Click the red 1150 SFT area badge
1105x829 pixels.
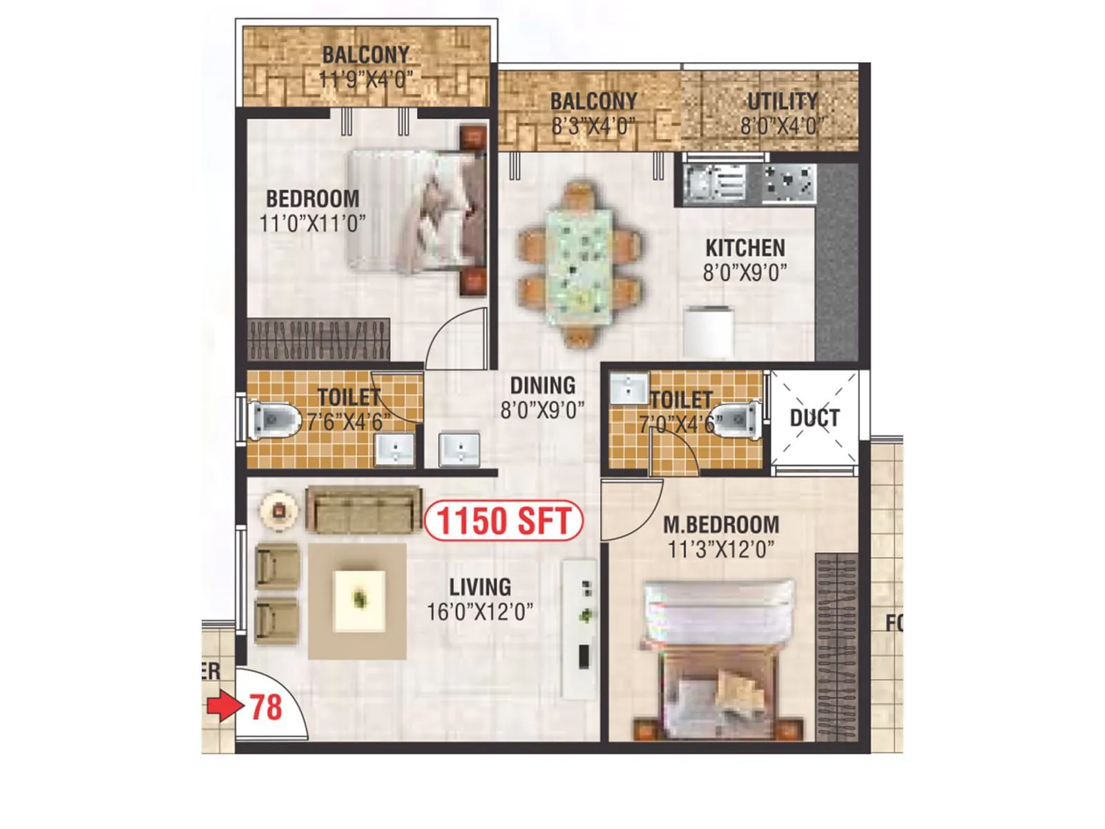pos(503,521)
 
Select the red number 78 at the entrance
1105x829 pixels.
pos(266,707)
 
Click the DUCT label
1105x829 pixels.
pos(814,418)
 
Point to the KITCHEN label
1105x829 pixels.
pos(744,248)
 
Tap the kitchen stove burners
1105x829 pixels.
pos(789,183)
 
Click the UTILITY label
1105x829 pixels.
pos(782,102)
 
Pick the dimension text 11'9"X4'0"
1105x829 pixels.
pos(366,79)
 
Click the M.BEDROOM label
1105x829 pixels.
pos(721,525)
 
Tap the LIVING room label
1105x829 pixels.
pos(480,587)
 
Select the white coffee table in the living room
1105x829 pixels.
pos(359,600)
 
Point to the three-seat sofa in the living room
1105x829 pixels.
pos(363,509)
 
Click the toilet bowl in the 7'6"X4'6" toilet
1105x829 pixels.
pos(275,419)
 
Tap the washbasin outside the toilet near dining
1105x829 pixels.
pos(459,449)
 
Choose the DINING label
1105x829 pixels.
pos(542,385)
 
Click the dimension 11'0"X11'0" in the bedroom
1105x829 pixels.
pos(312,223)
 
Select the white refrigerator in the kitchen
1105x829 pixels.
pos(708,332)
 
